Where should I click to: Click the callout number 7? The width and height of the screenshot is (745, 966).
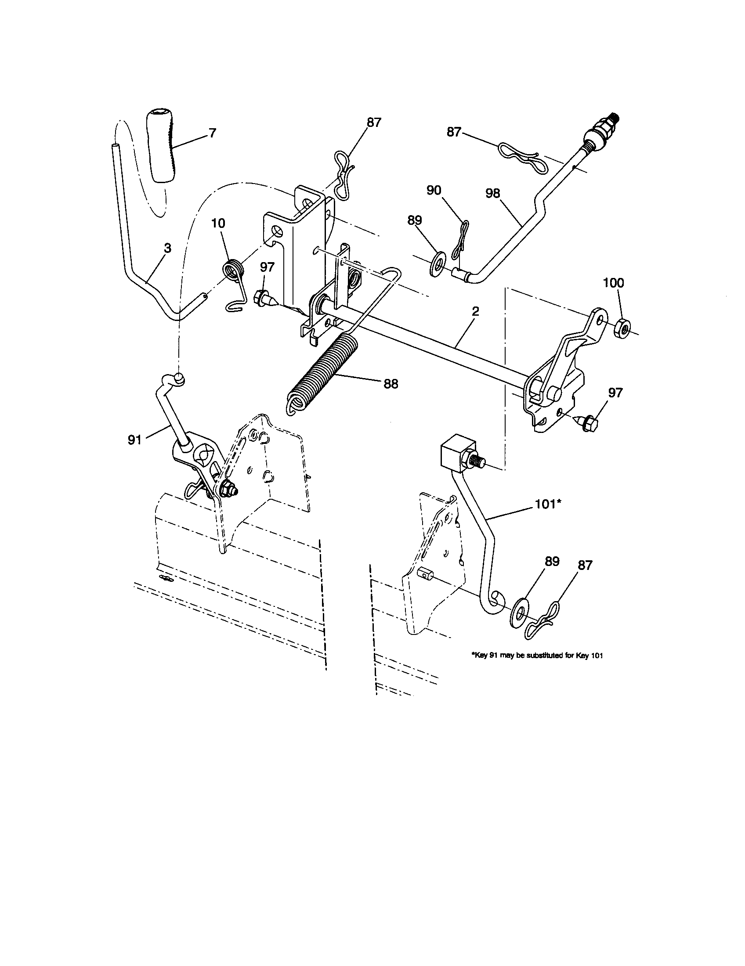pyautogui.click(x=212, y=133)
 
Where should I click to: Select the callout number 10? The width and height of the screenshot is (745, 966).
pyautogui.click(x=218, y=223)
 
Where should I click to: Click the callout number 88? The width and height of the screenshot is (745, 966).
pyautogui.click(x=391, y=384)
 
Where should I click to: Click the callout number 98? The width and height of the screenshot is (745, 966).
pyautogui.click(x=492, y=193)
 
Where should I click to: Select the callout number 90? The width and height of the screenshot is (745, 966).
pyautogui.click(x=434, y=190)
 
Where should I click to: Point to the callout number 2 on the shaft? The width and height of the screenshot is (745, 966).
pyautogui.click(x=475, y=311)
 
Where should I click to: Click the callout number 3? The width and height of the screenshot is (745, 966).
pyautogui.click(x=167, y=248)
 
